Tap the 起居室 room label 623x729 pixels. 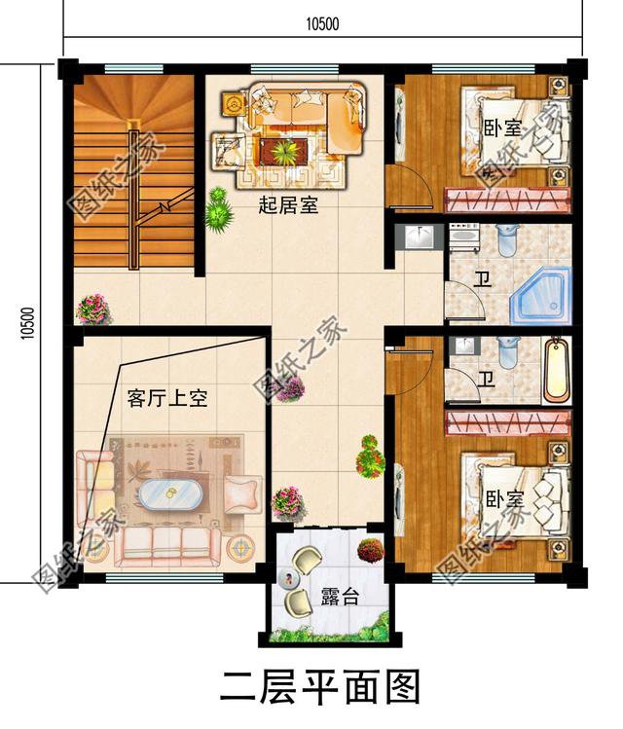click(288, 206)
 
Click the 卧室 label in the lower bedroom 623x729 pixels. click(504, 499)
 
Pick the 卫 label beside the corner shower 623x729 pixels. click(482, 280)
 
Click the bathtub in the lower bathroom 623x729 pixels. click(556, 369)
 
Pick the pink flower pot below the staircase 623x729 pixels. click(93, 309)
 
